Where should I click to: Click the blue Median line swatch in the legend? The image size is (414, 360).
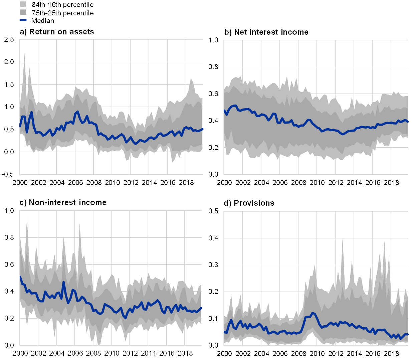(23, 20)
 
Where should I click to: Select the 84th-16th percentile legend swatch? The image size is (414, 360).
(23, 4)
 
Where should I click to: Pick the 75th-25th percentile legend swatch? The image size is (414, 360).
(23, 12)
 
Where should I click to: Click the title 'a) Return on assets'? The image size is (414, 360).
(57, 32)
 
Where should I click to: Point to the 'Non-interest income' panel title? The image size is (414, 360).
(63, 202)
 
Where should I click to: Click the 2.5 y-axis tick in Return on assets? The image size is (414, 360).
(9, 39)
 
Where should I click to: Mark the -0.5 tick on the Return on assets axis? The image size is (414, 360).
(9, 174)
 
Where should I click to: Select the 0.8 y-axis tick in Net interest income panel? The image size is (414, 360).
(213, 67)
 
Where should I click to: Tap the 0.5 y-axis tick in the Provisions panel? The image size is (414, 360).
(213, 211)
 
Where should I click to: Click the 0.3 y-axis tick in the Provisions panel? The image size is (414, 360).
(213, 264)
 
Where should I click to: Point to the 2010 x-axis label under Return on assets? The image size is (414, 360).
(112, 183)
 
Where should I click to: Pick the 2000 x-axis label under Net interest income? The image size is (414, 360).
(224, 183)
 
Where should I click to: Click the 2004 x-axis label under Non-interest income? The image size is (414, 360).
(57, 353)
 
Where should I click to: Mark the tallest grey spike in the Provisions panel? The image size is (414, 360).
(342, 239)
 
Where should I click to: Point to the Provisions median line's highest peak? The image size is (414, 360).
(313, 313)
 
